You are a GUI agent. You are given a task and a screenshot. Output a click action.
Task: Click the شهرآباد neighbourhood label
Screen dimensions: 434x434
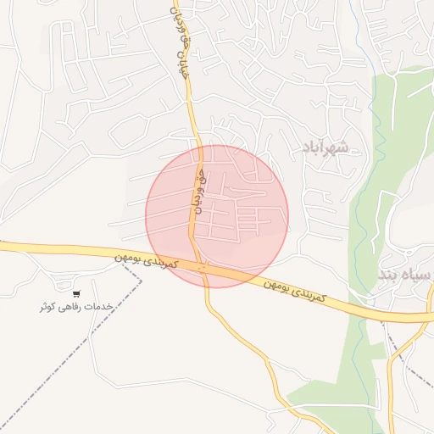point(325,148)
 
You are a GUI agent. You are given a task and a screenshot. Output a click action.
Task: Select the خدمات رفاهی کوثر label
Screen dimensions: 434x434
point(76,306)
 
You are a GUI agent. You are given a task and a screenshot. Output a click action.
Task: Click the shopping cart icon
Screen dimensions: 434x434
point(76,293)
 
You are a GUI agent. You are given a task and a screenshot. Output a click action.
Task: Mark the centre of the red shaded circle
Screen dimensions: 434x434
point(217,216)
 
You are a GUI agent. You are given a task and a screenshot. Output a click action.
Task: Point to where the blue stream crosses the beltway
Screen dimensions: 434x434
point(356,306)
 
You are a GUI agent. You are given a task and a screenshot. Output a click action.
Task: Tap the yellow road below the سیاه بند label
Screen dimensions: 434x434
point(392,373)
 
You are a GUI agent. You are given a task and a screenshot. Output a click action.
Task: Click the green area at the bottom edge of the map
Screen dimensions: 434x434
point(339,415)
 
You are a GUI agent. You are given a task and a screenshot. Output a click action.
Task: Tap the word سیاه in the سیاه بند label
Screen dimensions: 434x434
point(417,275)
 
